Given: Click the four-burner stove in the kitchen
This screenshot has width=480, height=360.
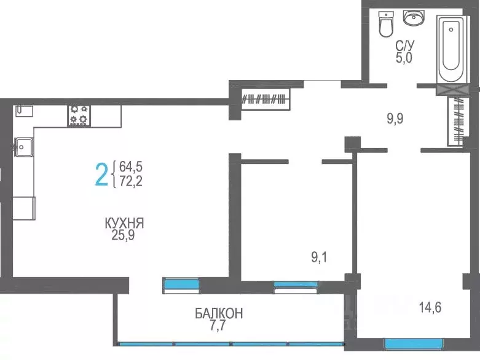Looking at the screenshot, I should coord(79,115).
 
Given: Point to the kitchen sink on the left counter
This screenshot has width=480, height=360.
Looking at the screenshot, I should coord(25,146).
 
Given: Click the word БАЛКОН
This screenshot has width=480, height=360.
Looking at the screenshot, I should coord(219,314).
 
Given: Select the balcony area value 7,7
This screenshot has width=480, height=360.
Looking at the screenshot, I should coord(219,326).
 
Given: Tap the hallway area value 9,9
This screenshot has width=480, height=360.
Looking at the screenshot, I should coord(395,118).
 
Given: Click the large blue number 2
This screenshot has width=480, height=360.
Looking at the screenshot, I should coord(101,173).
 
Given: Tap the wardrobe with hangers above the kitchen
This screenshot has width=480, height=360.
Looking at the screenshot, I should coord(265,98).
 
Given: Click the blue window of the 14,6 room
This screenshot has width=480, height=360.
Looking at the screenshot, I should coord(413,343).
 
